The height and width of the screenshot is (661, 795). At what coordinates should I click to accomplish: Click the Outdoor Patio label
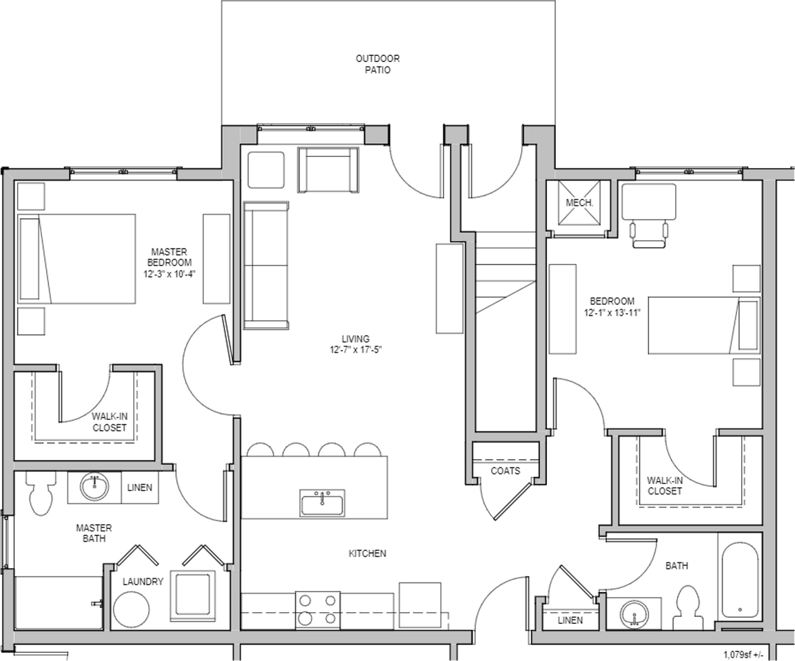[378, 64]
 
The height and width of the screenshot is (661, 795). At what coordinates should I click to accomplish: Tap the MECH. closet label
[579, 202]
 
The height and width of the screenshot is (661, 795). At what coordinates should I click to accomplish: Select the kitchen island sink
[322, 503]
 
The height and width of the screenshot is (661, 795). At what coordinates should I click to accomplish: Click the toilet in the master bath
[41, 494]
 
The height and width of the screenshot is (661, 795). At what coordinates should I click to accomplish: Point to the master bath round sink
[94, 487]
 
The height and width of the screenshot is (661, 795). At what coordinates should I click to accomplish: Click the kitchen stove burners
[318, 610]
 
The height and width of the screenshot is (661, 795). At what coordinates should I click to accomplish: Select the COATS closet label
[505, 471]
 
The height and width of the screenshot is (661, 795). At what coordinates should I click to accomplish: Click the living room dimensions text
[355, 350]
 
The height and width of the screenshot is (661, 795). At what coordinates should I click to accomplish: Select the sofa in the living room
[266, 265]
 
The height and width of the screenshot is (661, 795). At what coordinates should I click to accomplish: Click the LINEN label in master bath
[139, 487]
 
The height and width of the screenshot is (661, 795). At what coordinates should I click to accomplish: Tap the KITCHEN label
[368, 554]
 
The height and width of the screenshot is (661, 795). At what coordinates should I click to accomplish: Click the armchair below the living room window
[328, 170]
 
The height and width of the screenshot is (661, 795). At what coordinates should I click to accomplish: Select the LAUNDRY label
[143, 582]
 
